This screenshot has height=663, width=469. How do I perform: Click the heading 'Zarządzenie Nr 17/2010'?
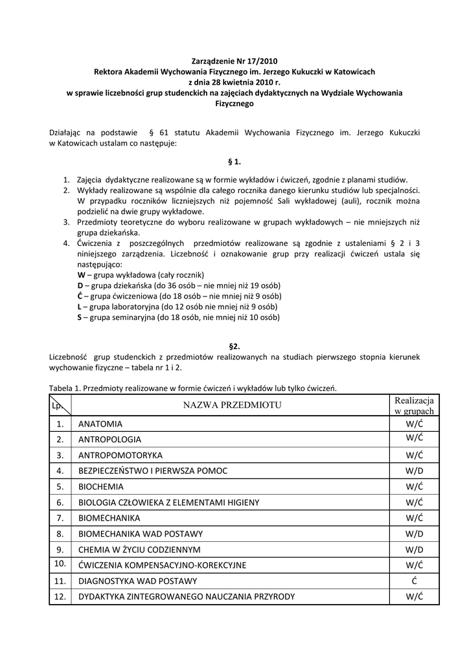(x=234, y=62)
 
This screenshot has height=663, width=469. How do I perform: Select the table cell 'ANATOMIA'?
(x=100, y=424)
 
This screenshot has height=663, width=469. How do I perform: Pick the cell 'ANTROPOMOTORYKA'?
(x=120, y=455)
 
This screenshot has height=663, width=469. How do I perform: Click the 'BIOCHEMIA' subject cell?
(x=100, y=486)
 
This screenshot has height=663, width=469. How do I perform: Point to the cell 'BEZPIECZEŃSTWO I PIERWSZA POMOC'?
(x=153, y=471)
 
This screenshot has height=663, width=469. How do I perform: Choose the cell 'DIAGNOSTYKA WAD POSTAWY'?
(x=137, y=581)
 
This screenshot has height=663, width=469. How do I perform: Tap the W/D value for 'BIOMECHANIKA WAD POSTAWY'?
(x=414, y=534)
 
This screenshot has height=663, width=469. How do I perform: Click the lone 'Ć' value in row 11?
(x=414, y=581)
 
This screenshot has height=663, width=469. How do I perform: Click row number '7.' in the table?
(x=60, y=518)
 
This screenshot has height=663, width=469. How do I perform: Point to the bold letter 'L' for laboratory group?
(x=79, y=307)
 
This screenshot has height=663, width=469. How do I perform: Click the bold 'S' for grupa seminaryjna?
(x=79, y=317)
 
